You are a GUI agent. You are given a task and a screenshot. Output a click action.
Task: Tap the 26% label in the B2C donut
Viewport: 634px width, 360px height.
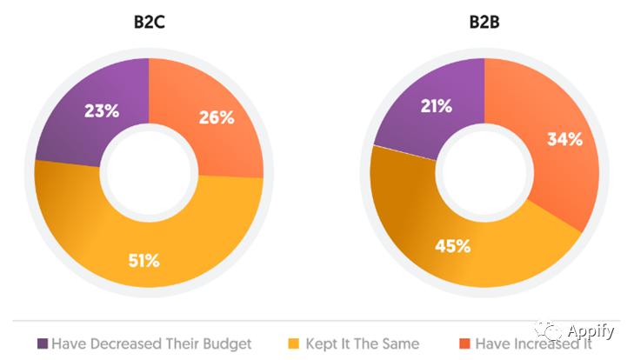[216, 117]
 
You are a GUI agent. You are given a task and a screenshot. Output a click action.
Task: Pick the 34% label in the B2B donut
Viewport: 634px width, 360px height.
[564, 139]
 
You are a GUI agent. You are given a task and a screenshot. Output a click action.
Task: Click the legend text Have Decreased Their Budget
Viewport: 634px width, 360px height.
[151, 343]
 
